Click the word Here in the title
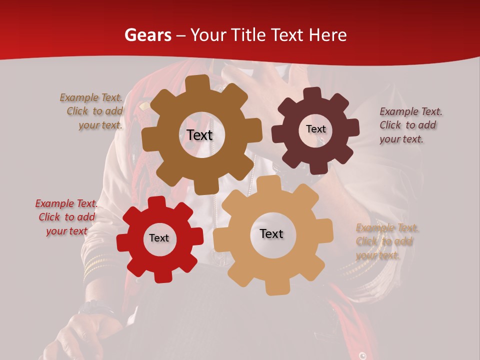coord(328,35)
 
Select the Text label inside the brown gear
coord(200,135)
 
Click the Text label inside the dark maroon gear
coord(315,129)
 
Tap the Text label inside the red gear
coord(159,238)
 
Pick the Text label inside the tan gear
coord(271,234)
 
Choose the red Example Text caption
coord(66,217)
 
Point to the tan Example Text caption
coord(386,241)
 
